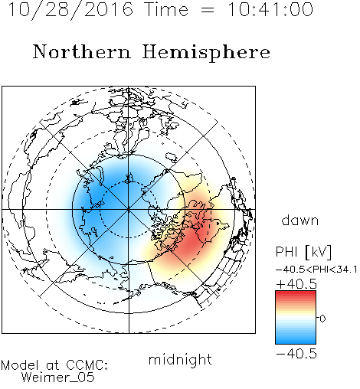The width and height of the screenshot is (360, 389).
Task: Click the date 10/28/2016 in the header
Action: tap(70, 10)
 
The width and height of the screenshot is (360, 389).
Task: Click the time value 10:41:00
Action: tap(270, 9)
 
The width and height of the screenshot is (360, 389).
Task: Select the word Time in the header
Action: tap(166, 9)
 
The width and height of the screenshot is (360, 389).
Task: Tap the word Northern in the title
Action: tap(82, 52)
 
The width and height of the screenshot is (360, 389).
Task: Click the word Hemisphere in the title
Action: tap(206, 53)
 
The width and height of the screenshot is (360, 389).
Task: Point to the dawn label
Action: tap(300, 220)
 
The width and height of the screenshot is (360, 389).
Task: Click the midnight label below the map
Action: tap(180, 360)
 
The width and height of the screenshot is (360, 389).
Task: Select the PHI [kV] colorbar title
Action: tap(303, 252)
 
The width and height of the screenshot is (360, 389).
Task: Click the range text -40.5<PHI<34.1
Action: tap(316, 270)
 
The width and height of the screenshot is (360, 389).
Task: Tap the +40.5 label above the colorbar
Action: tap(296, 284)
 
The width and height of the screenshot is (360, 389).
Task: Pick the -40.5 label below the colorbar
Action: tap(296, 354)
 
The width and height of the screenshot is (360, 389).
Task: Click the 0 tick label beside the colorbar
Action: tap(322, 319)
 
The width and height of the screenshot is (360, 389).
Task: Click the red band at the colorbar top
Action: tap(296, 295)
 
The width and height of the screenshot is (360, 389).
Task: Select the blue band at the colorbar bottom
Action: tap(296, 339)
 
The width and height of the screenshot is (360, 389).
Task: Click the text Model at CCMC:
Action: tap(54, 365)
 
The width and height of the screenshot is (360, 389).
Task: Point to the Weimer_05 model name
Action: tap(58, 377)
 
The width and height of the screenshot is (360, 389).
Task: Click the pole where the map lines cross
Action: tap(129, 210)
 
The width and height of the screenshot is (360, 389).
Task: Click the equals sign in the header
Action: tap(208, 10)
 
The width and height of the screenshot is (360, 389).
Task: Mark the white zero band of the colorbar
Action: tap(296, 318)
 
